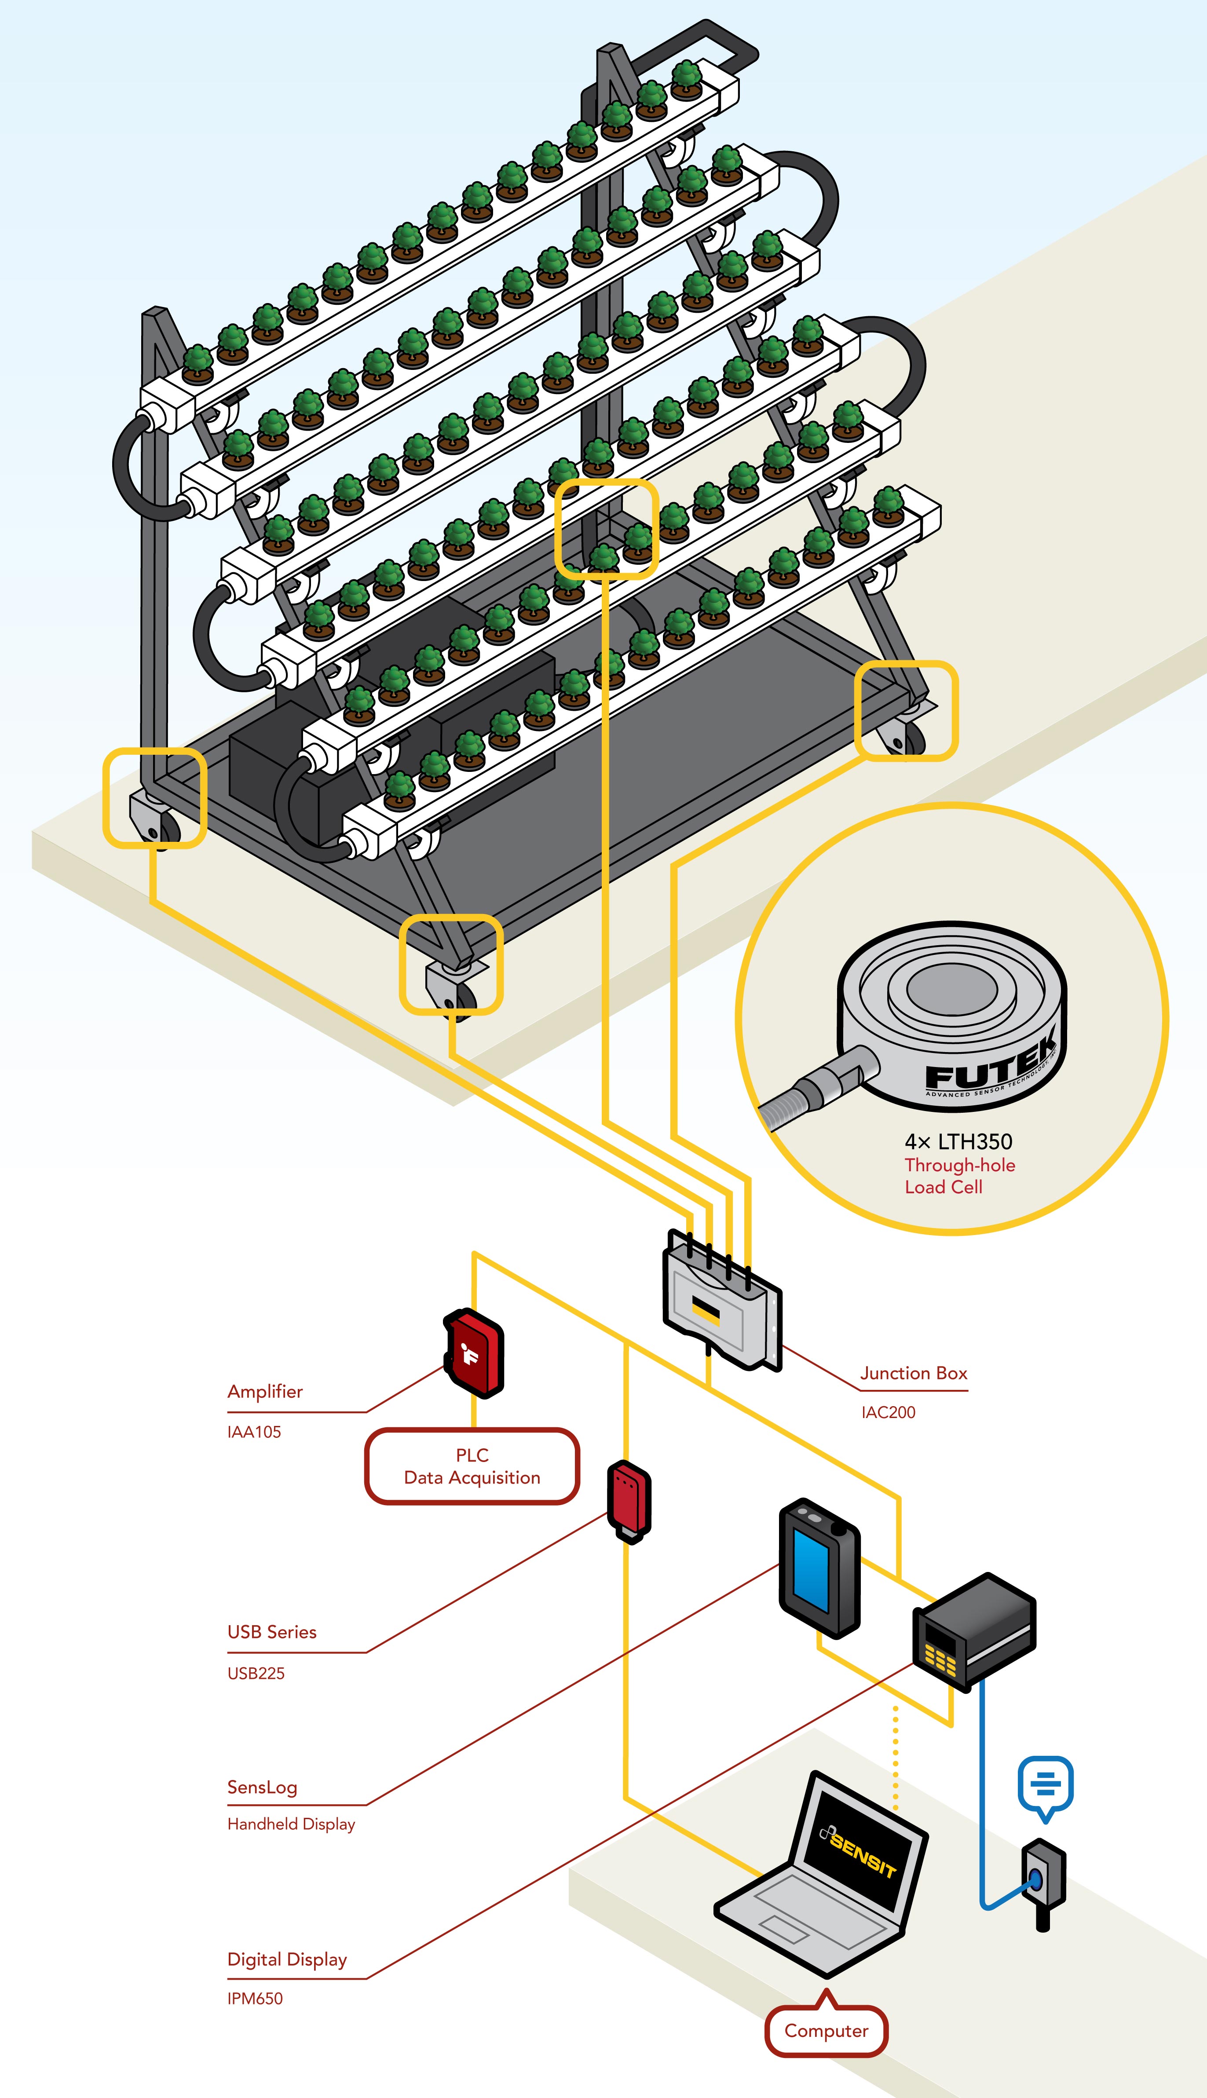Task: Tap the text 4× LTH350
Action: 958,1141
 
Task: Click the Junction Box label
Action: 914,1374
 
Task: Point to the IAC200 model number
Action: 888,1412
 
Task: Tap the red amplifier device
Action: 474,1353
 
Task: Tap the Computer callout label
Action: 827,2031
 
